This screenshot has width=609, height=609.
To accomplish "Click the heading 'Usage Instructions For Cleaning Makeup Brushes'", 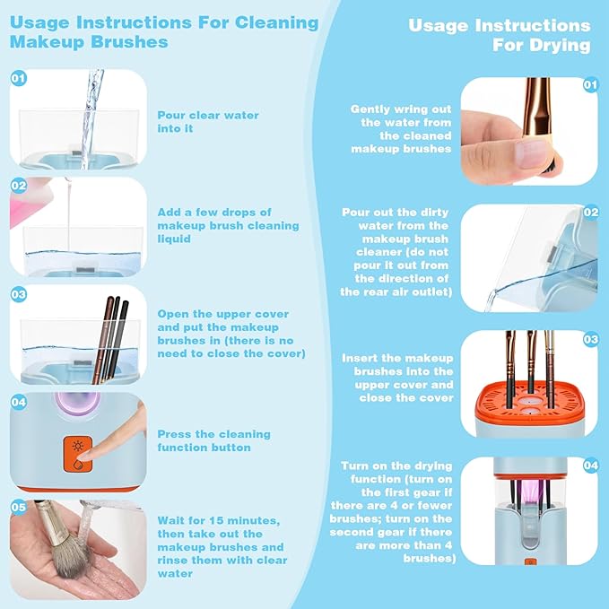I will point(166,31).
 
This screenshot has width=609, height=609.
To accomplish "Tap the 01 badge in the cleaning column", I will point(18,79).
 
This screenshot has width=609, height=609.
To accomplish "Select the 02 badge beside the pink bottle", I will point(18,186).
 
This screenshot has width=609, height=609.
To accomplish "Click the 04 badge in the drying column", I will point(589,466).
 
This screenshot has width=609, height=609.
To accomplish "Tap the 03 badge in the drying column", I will point(589,340).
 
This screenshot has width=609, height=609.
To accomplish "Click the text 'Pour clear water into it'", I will point(208,122).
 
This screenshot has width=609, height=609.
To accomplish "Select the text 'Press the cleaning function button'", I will point(204,440).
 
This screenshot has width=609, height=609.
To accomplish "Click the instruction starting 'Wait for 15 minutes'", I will point(222,547).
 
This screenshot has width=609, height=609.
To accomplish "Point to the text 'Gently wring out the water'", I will point(401,128).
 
